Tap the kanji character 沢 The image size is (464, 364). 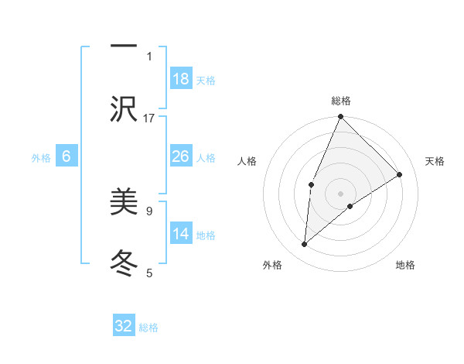[125, 108]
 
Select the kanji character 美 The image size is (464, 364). [125, 202]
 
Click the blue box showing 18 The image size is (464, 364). [181, 78]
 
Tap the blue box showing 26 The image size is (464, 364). [181, 156]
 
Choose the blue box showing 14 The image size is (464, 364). [181, 235]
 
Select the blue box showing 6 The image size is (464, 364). [67, 156]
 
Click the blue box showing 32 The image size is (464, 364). [124, 326]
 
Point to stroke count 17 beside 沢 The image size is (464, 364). [149, 118]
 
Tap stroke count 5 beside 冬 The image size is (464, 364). [149, 273]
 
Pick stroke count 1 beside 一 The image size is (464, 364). [149, 56]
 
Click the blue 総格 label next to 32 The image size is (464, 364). [148, 328]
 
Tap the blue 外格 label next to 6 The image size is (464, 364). [41, 158]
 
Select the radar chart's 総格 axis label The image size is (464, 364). [341, 101]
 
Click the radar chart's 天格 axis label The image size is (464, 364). [435, 161]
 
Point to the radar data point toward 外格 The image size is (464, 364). [305, 245]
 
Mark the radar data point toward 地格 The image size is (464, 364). [350, 206]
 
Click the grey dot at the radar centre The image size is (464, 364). [341, 193]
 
